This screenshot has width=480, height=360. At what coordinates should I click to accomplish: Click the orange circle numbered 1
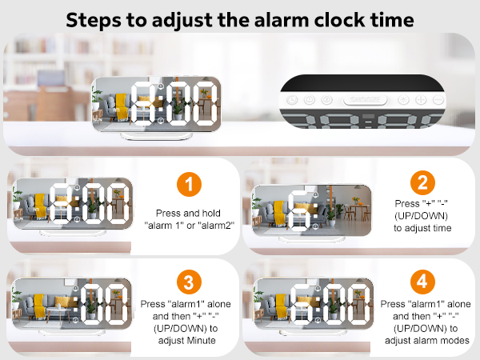pos(188,186)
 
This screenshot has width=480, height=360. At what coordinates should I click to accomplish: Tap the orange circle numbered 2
pos(423,182)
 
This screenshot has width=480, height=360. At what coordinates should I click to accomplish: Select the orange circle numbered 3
pos(188,282)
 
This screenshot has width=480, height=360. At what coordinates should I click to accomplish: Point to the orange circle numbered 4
pos(423,282)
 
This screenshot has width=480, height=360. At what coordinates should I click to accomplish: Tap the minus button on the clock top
pos(438,100)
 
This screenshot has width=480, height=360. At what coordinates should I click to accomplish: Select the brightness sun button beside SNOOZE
pos(401,100)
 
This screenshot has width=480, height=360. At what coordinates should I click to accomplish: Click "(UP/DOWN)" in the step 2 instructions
pos(423,215)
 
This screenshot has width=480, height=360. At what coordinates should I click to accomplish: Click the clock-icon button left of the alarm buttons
pos(293,100)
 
